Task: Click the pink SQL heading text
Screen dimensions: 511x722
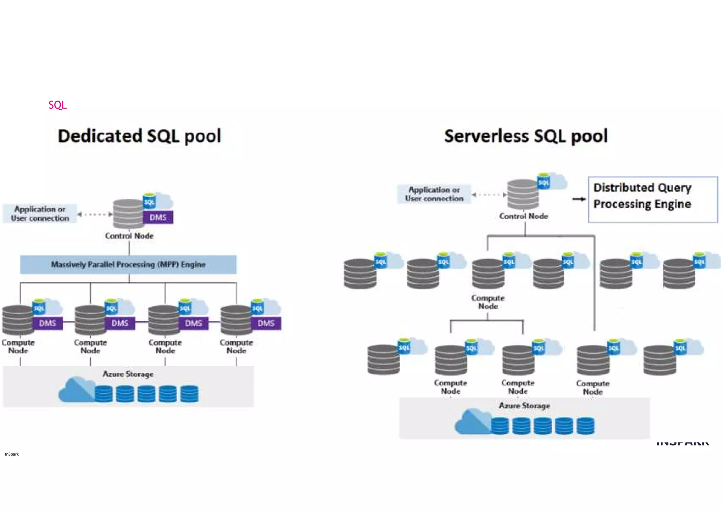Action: [57, 105]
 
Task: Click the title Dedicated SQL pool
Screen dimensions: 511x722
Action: [140, 136]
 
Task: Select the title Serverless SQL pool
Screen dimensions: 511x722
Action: [526, 136]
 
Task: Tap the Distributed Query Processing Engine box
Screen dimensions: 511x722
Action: [653, 199]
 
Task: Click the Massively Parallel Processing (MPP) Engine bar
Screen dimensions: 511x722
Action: [128, 264]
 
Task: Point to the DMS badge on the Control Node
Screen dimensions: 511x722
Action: [158, 217]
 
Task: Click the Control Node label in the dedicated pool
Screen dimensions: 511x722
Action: [129, 236]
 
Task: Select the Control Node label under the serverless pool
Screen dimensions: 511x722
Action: [524, 216]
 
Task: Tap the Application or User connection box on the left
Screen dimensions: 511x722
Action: [40, 214]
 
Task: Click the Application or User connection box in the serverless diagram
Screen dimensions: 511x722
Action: [434, 194]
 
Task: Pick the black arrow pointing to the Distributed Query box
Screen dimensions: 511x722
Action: [579, 199]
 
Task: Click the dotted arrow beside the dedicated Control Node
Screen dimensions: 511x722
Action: [94, 214]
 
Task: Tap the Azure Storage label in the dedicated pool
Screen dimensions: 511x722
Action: [128, 374]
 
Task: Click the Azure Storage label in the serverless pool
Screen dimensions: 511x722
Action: [524, 406]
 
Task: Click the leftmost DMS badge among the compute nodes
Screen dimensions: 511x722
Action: [48, 323]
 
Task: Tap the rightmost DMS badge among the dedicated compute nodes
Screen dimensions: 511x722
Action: [266, 323]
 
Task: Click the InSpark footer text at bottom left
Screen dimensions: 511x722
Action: [12, 454]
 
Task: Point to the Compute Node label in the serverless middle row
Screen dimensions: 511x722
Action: [488, 302]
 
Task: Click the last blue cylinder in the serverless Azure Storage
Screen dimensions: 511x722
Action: [586, 425]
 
